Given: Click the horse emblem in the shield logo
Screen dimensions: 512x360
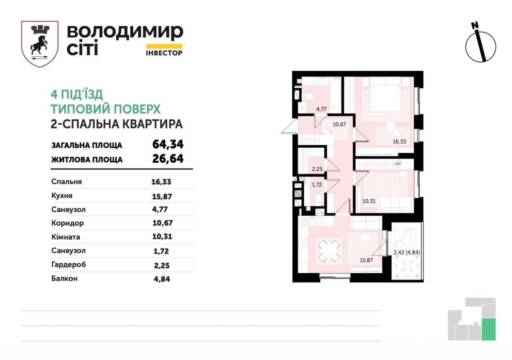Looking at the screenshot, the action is [39, 46].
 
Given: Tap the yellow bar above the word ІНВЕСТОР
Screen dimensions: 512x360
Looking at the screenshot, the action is [164, 46].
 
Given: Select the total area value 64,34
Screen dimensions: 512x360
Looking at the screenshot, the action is [168, 144].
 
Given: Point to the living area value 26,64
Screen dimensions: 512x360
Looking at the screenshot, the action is [168, 159].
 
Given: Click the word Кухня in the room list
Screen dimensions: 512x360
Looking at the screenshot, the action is [62, 196].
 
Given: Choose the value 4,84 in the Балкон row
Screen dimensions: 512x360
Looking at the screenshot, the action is [162, 279].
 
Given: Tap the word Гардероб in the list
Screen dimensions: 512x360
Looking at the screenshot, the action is [68, 265].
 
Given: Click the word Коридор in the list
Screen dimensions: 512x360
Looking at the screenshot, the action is [68, 223].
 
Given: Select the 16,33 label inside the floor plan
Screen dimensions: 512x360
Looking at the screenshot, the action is [399, 142].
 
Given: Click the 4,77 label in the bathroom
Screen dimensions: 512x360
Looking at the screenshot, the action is [321, 109].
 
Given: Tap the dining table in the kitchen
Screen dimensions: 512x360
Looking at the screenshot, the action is [329, 251].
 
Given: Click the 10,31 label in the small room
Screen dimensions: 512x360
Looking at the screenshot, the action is [369, 201].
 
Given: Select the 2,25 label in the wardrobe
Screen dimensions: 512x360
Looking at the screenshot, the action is [317, 169].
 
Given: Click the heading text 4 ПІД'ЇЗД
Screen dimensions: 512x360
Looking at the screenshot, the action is [76, 94].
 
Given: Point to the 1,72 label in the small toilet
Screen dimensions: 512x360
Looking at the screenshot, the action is [317, 185].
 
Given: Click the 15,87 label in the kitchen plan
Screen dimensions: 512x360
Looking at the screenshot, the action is [366, 260].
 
